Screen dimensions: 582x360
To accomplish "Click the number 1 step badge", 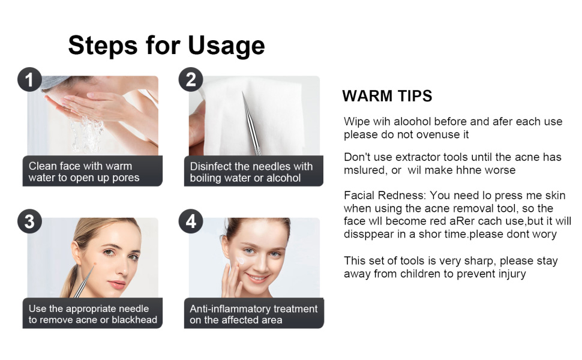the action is point(29,79).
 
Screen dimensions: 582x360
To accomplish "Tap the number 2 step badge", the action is point(191,79).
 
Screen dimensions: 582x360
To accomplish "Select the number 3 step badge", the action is point(29,221).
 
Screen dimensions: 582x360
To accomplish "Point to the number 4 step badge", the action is point(191,221).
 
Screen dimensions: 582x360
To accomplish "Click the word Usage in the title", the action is point(226,46).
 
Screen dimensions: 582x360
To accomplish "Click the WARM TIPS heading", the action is point(387,96).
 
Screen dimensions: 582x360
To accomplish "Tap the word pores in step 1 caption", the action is point(126,178).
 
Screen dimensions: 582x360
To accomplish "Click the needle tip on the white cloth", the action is point(243,94).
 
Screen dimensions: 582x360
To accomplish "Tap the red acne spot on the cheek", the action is point(95,264).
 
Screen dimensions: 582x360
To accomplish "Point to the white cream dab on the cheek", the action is point(241,260).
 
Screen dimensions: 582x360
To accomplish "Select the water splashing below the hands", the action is point(87,134).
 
